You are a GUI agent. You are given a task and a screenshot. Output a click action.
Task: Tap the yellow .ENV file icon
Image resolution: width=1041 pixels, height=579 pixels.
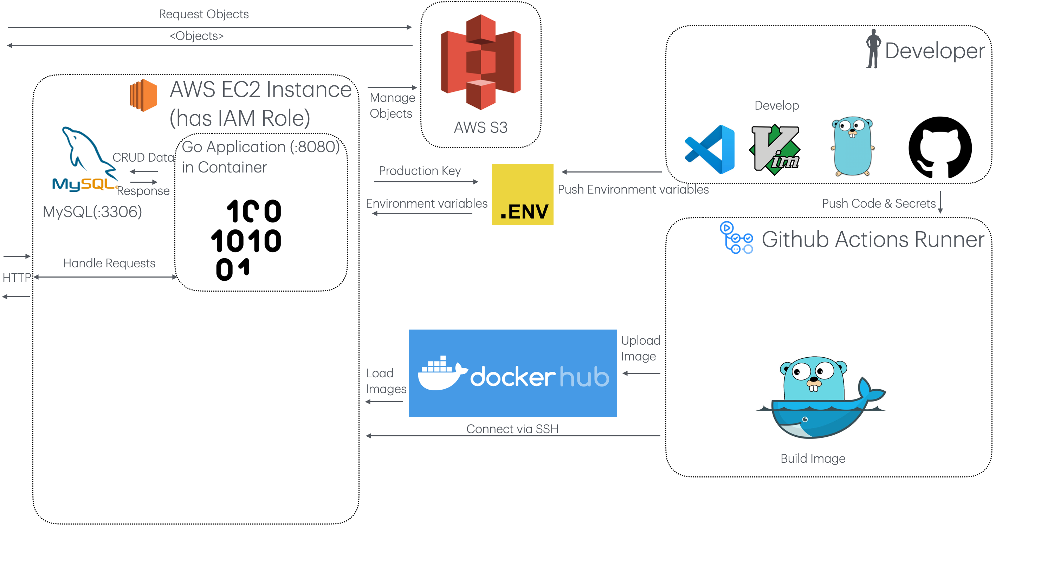click(x=522, y=194)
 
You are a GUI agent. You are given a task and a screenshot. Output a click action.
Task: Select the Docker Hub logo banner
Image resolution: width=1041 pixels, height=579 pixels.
click(x=512, y=373)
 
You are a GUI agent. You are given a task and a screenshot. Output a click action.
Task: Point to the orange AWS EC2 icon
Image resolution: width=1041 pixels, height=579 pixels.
click(x=143, y=95)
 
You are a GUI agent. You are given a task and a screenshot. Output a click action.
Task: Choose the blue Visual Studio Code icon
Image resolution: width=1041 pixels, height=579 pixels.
click(x=710, y=150)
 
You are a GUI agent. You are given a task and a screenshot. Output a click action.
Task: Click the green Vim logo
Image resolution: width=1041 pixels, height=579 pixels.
click(x=774, y=150)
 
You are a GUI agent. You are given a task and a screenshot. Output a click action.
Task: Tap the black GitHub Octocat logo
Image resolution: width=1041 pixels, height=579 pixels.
click(x=940, y=148)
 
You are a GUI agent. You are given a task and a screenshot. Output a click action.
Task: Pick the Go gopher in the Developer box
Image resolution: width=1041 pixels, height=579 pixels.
click(x=852, y=147)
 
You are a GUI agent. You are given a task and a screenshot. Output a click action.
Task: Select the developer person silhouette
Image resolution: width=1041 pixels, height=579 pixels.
click(x=873, y=49)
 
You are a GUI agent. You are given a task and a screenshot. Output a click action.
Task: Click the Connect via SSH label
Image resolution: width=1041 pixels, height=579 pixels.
click(x=512, y=429)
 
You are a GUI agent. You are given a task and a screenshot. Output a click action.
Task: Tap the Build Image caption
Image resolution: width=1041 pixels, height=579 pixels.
click(x=813, y=458)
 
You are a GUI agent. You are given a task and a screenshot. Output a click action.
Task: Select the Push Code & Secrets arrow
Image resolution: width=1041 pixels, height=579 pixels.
click(x=940, y=202)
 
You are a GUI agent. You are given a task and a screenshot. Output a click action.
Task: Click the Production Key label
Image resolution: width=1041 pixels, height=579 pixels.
click(x=420, y=171)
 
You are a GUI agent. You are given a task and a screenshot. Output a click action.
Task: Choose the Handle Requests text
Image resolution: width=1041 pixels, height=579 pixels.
click(x=109, y=263)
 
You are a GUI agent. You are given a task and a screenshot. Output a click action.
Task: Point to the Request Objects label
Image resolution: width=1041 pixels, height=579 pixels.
click(x=204, y=14)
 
